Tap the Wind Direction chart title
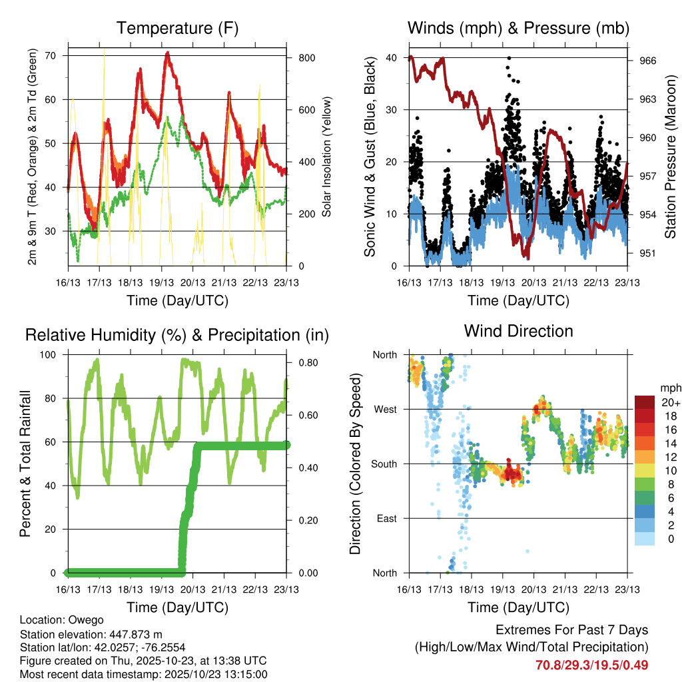click(518, 330)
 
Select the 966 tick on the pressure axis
click(649, 61)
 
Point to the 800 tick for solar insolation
click(307, 58)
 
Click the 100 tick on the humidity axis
click(49, 354)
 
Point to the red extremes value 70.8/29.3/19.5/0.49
click(591, 665)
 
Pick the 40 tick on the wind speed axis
click(392, 58)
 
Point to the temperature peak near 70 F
click(168, 53)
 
